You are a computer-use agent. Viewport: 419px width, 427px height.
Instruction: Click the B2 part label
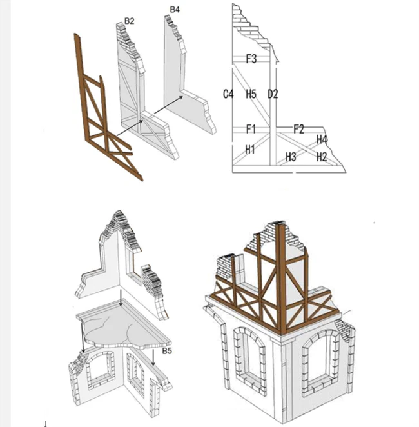tap(129, 21)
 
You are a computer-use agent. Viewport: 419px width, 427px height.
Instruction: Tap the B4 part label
tap(175, 10)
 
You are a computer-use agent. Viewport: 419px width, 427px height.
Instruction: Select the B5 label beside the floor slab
tap(167, 351)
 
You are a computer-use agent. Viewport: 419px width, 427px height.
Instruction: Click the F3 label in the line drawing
tap(251, 59)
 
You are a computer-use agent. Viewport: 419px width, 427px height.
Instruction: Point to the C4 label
tap(228, 94)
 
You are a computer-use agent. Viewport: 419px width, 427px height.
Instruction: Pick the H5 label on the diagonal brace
tap(251, 94)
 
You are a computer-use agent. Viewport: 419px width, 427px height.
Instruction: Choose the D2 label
tap(273, 94)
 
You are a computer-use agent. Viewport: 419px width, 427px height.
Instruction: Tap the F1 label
tap(251, 129)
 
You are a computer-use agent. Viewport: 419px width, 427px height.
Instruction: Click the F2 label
tap(298, 129)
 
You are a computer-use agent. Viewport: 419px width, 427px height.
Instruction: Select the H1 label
tap(249, 150)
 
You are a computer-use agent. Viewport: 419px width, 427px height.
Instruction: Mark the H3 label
tap(291, 157)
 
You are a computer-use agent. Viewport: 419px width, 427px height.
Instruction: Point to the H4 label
tap(322, 140)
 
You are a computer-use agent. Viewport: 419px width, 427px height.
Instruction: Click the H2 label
tap(322, 157)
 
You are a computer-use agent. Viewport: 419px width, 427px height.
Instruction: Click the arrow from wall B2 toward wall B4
tap(168, 104)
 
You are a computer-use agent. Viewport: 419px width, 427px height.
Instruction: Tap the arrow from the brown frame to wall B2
tap(130, 128)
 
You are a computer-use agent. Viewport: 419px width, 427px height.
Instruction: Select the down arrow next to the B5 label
tap(153, 357)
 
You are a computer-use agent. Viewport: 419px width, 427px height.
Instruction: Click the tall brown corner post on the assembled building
tap(281, 278)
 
